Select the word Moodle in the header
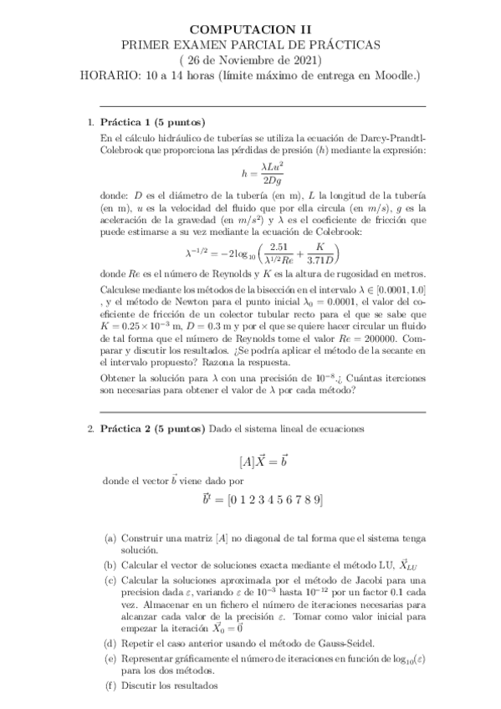[x=397, y=76]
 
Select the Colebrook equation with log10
[x=263, y=252]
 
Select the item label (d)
[x=110, y=643]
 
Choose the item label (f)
[x=110, y=686]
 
